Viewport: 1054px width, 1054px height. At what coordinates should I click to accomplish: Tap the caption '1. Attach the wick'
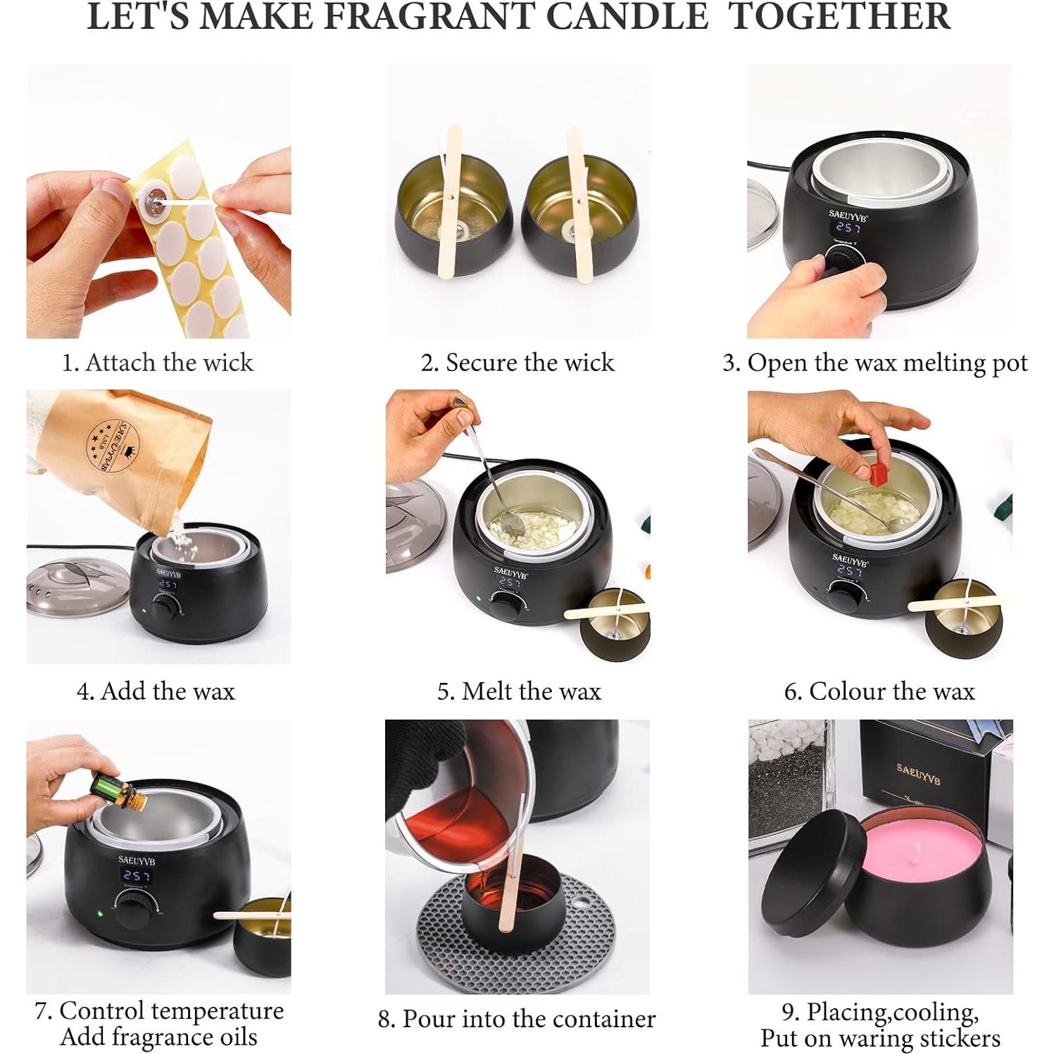[158, 363]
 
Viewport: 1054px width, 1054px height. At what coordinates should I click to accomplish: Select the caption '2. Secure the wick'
[517, 363]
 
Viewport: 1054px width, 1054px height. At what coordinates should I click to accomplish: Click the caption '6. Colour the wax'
[879, 691]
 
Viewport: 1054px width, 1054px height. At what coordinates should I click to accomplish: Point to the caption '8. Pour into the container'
[517, 1019]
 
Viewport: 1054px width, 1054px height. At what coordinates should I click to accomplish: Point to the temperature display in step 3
[848, 227]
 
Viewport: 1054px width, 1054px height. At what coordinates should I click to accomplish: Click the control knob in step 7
[132, 908]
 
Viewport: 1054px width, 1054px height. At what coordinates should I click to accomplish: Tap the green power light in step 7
[100, 914]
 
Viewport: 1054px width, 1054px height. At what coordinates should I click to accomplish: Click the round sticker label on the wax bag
[113, 446]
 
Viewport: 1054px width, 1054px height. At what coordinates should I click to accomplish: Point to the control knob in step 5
[505, 606]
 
